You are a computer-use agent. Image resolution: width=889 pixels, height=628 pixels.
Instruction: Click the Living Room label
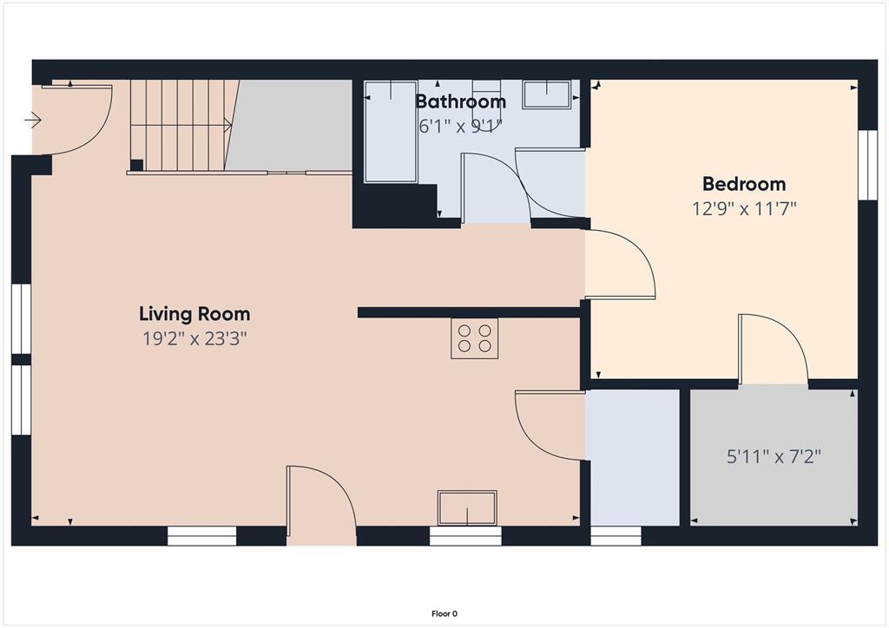194,314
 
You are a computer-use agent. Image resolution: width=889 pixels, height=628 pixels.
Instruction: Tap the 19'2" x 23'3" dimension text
194,339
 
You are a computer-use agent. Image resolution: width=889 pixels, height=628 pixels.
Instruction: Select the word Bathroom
460,101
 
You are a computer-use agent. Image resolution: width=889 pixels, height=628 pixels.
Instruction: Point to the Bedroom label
744,184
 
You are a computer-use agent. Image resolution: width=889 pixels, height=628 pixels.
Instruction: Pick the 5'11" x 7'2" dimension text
774,455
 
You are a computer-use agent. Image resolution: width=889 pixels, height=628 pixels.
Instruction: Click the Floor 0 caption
444,613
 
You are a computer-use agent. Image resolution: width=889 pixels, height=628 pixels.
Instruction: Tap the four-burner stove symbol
474,338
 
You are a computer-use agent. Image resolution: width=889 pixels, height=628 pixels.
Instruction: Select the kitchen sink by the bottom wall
467,507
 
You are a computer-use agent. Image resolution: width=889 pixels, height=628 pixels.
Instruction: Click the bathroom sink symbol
546,94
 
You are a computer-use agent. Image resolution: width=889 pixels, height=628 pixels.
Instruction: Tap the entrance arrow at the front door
35,121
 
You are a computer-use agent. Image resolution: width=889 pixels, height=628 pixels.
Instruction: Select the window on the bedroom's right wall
866,165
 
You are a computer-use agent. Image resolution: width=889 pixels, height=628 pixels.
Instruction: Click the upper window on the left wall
22,318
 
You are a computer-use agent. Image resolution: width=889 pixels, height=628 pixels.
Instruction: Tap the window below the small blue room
616,536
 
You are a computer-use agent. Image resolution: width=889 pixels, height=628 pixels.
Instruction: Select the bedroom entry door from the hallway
620,265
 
